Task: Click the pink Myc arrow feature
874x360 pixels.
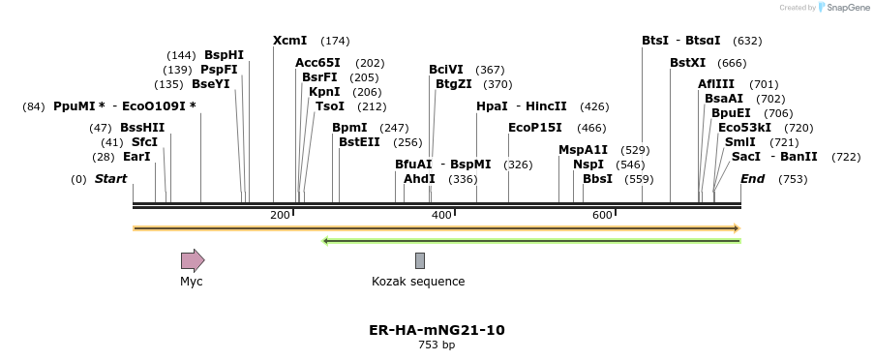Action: click(193, 259)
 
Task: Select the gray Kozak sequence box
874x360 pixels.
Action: click(420, 260)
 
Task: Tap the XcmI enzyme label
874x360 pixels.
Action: click(289, 41)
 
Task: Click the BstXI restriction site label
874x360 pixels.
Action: click(688, 63)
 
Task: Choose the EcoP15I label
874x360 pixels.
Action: click(534, 128)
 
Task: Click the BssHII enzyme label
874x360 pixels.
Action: click(142, 128)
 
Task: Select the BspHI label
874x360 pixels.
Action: click(224, 55)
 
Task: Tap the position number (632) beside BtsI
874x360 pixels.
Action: click(747, 41)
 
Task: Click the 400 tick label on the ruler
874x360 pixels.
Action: click(441, 215)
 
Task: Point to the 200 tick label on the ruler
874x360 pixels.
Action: click(280, 215)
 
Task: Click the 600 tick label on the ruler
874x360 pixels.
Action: click(602, 215)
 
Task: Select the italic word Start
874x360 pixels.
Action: click(110, 179)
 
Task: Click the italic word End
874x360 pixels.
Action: click(752, 179)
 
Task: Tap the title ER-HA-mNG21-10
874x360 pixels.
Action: click(437, 330)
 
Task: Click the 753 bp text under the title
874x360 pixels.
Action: click(437, 345)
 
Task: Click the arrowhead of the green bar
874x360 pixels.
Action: click(326, 241)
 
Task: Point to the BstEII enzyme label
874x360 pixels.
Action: click(359, 142)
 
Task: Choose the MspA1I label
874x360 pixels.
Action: click(583, 150)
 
